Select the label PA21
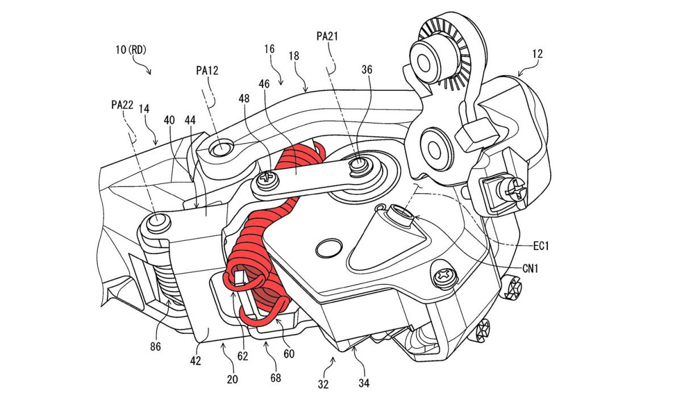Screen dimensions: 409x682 [327, 36]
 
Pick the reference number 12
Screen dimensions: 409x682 [537, 54]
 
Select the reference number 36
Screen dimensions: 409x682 [367, 70]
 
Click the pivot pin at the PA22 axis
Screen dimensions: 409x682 [158, 223]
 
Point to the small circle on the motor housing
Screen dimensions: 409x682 [328, 247]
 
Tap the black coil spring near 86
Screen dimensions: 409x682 [169, 284]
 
